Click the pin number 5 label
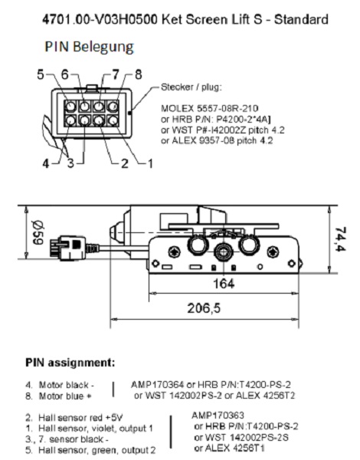point(41,74)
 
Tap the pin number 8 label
point(139,74)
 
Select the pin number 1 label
point(150,163)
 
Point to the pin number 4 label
point(46,163)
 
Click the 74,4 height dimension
point(340,239)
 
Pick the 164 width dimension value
point(224,284)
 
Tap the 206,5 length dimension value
point(204,308)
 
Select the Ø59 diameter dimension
point(38,233)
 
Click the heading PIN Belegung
point(89,47)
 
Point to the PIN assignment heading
point(70,363)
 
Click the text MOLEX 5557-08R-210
point(210,109)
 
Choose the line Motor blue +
point(58,396)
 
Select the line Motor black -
point(60,385)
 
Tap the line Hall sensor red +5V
point(74,418)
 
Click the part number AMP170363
point(218,416)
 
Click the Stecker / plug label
point(191,87)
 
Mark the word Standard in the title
point(301,20)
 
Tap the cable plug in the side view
point(68,248)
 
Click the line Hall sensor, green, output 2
point(90,450)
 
